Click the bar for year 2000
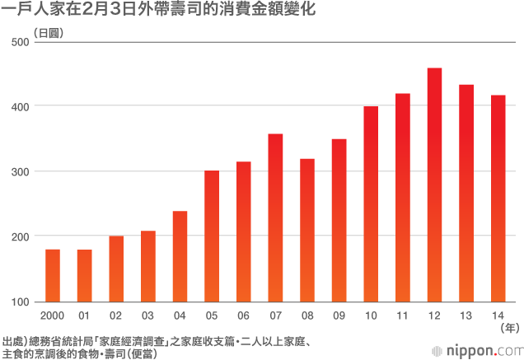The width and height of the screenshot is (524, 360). pos(52,275)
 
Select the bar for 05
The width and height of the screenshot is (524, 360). pos(212,236)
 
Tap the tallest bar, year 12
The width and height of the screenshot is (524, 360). pos(435,185)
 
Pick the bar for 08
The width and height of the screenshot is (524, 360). pos(307,230)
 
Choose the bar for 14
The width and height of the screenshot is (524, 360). pos(498,199)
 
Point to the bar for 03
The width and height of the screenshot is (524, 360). pos(148,266)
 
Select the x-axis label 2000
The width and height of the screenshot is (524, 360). pos(52,315)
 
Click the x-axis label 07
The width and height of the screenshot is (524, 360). pos(275,315)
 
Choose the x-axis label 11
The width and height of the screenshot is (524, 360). pos(403,315)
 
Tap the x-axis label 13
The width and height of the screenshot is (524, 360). pos(466,315)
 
